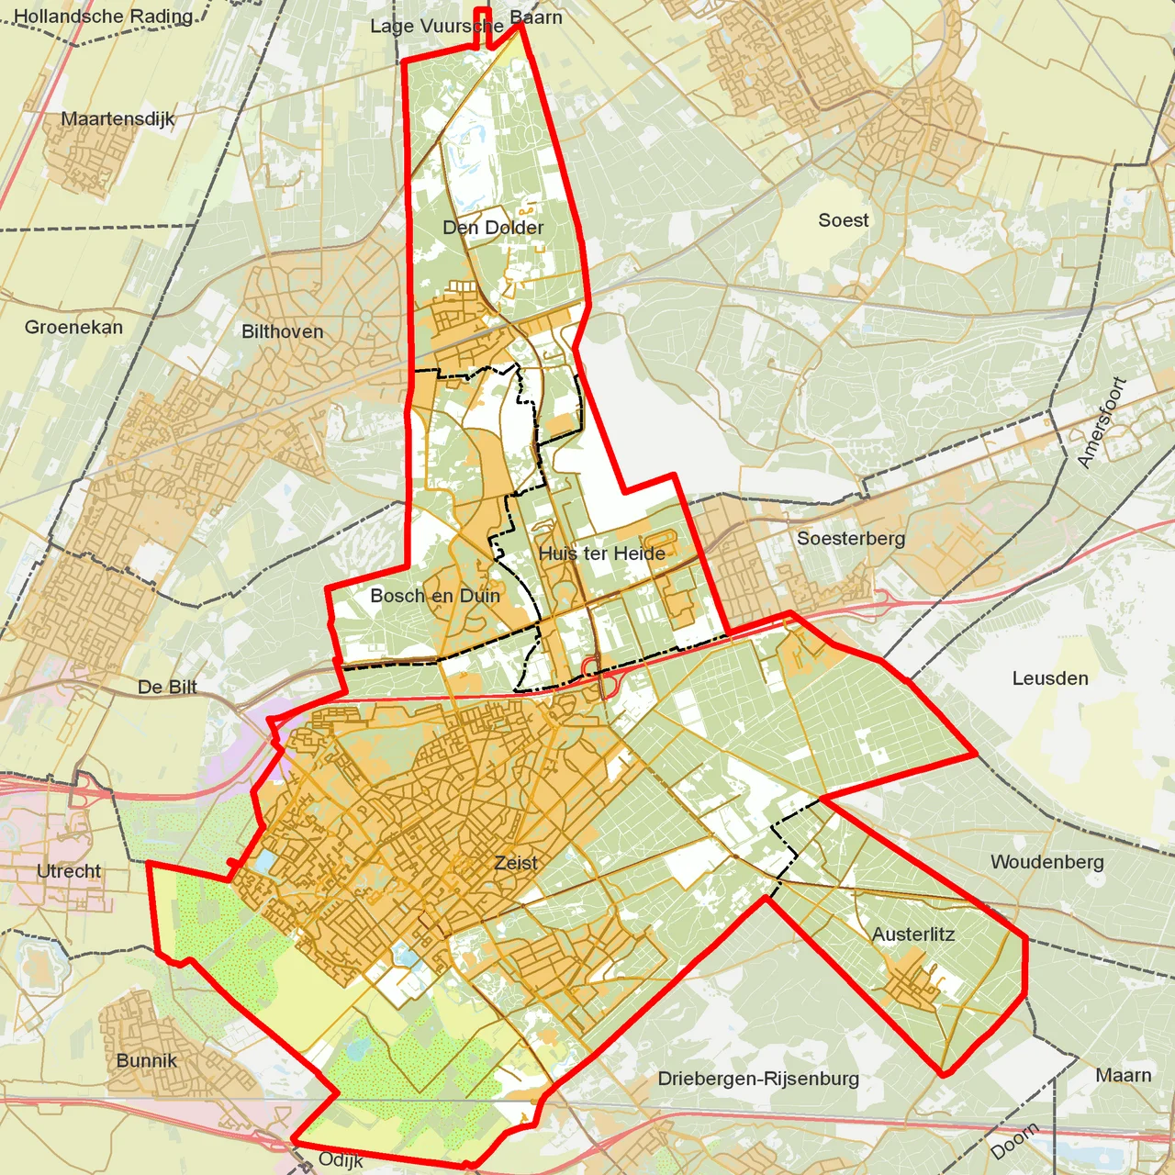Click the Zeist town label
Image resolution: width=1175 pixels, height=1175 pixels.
point(516,863)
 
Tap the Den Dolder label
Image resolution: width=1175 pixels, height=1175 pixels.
point(493,228)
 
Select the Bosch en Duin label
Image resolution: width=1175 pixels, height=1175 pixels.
point(435,596)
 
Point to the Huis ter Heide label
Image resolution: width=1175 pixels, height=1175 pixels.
point(602,554)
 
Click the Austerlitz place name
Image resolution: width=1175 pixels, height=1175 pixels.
point(913,934)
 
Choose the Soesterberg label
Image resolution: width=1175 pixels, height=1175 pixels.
point(851,539)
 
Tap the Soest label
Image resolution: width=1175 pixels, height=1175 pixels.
point(844,220)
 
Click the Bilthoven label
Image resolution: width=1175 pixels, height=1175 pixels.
point(283,331)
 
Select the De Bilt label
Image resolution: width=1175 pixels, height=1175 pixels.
point(167,687)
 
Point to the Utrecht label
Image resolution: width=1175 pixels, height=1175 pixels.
point(69,871)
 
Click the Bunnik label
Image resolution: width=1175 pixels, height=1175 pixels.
point(147,1060)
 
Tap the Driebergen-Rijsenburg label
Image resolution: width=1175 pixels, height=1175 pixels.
point(758,1079)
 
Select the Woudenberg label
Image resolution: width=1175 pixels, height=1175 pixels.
point(1047,862)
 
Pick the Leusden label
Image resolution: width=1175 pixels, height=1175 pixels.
point(1050,678)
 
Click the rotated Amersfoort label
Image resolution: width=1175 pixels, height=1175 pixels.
point(1102,422)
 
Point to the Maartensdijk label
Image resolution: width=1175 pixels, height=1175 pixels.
point(117,118)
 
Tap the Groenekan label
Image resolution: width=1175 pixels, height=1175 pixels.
point(73,327)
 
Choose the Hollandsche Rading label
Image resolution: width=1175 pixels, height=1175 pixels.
point(104,17)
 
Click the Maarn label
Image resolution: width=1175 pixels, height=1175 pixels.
point(1124,1075)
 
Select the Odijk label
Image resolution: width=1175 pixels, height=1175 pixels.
point(341,1160)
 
